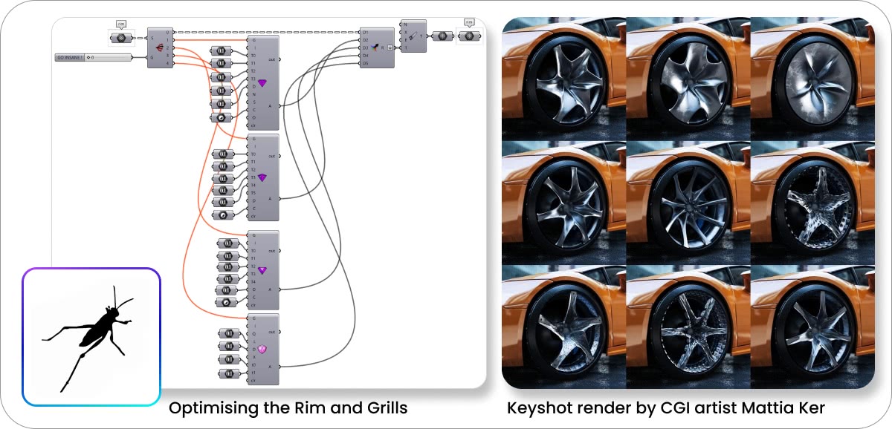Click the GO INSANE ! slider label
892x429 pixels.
[x=69, y=56]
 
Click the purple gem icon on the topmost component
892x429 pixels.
[x=262, y=83]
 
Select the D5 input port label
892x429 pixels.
[x=365, y=64]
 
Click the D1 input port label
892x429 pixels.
[x=365, y=32]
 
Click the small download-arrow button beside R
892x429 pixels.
[x=390, y=47]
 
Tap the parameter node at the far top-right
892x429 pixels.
[x=468, y=36]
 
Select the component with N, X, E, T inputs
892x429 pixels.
[x=413, y=36]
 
